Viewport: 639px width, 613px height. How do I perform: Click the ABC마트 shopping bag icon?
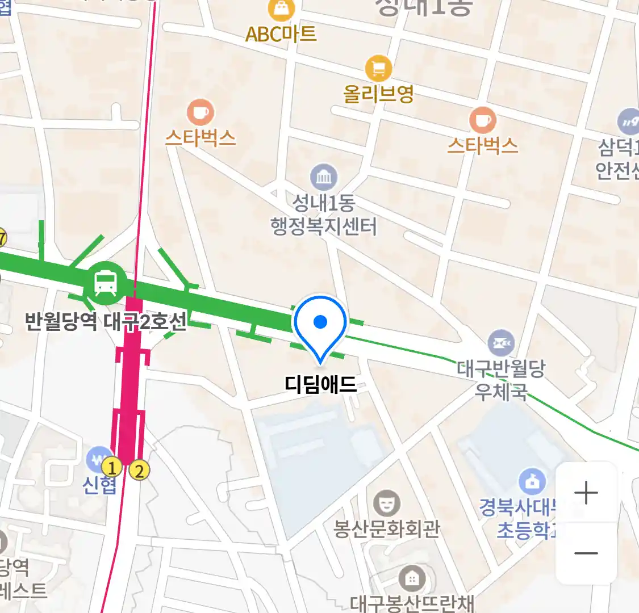[x=281, y=9]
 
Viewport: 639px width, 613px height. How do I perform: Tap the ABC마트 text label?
[x=281, y=34]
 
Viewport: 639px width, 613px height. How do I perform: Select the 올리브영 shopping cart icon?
[x=378, y=69]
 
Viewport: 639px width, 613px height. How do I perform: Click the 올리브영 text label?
[x=379, y=94]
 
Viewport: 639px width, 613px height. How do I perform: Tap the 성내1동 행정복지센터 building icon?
[x=324, y=178]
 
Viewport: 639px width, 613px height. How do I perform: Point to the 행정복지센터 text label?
[x=324, y=227]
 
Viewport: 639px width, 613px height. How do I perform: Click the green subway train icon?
[x=106, y=282]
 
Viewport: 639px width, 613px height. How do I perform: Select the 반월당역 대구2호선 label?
[x=106, y=322]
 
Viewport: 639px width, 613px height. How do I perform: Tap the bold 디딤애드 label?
[x=320, y=385]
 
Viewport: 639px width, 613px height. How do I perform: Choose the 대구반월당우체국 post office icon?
[x=501, y=343]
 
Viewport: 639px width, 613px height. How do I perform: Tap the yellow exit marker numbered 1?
[x=112, y=468]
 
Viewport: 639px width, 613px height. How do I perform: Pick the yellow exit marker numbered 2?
[x=139, y=470]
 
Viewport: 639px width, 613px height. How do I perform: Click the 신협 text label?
[x=100, y=486]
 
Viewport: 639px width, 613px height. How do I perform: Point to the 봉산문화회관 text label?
[x=387, y=529]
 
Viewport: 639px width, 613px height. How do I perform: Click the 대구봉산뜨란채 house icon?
[x=412, y=579]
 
